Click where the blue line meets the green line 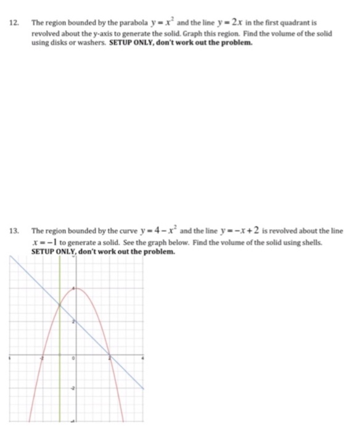[59, 305]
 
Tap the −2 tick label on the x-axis [42, 359]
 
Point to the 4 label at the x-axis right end [143, 358]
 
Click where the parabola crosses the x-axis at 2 [109, 355]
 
